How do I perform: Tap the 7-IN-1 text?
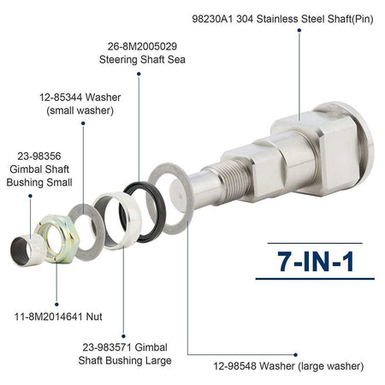tap(316, 262)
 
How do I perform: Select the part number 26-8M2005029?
tap(142, 46)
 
